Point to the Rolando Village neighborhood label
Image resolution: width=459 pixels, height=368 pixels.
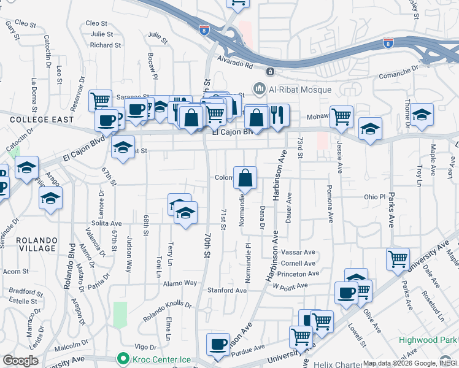click(x=29, y=243)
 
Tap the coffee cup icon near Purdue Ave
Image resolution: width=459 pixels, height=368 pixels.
click(x=218, y=344)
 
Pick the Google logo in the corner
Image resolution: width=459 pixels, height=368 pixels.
click(x=20, y=360)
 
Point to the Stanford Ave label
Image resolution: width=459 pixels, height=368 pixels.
click(x=227, y=290)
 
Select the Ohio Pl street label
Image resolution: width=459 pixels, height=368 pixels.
click(x=374, y=197)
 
